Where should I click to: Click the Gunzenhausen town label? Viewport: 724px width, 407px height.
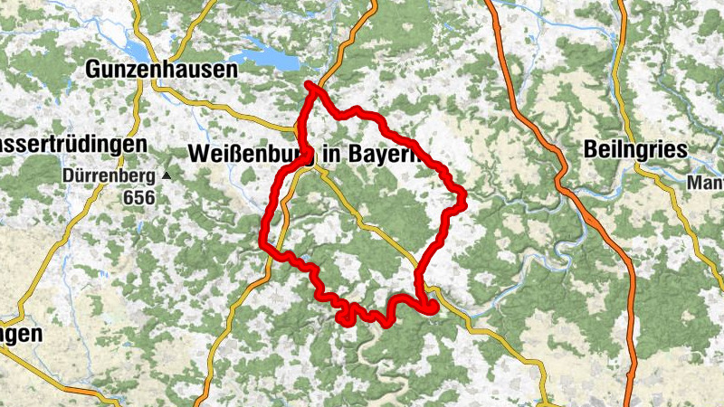tap(160, 69)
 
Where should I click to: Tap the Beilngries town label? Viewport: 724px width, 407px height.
tap(636, 150)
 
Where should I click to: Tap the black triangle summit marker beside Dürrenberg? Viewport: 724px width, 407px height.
tap(167, 175)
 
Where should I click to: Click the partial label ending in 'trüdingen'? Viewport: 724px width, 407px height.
tap(72, 145)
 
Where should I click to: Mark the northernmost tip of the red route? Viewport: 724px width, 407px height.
tap(309, 85)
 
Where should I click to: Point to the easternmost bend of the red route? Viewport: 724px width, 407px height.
tap(462, 194)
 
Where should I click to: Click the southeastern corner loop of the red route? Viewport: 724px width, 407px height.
tap(428, 308)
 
